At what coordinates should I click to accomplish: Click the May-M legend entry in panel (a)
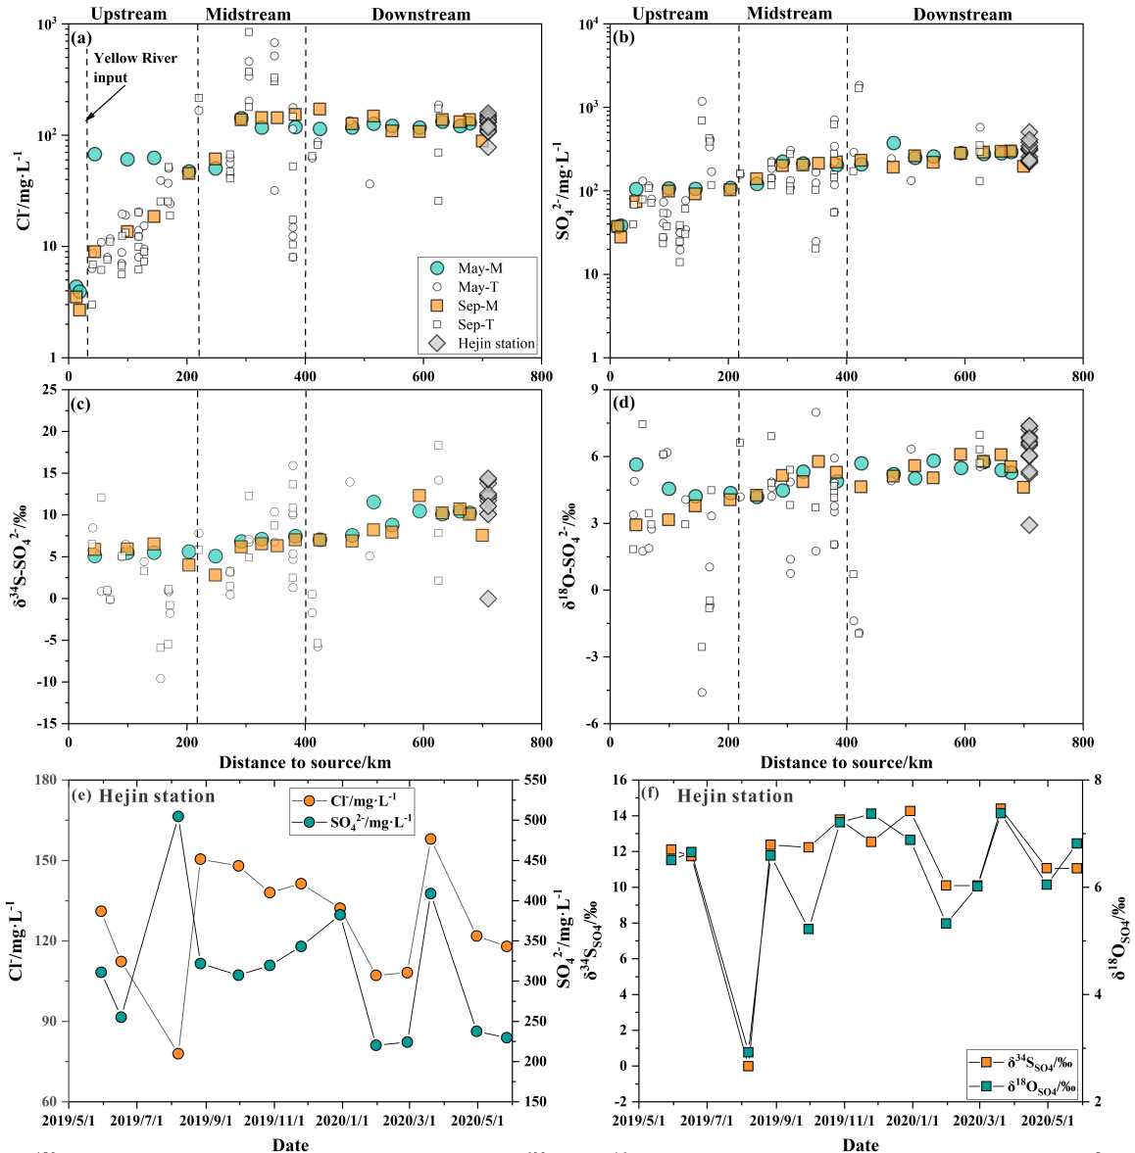point(480,268)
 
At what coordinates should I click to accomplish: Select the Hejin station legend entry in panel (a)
point(496,344)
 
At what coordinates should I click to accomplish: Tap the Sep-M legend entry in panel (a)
point(478,306)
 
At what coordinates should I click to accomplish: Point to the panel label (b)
point(623,38)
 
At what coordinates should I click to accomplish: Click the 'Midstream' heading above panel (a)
point(248,15)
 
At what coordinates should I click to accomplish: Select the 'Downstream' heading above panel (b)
point(962,15)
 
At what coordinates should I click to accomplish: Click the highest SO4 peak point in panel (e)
point(178,816)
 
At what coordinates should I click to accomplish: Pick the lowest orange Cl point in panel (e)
point(178,1053)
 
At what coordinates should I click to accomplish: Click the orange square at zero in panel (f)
point(748,1066)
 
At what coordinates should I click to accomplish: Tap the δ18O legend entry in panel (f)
point(1029,1085)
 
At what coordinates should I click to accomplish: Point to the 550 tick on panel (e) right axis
point(535,780)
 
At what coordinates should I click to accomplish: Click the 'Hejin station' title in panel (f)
point(735,796)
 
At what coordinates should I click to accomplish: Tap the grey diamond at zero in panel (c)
point(488,599)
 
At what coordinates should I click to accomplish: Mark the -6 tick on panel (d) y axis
point(594,724)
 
